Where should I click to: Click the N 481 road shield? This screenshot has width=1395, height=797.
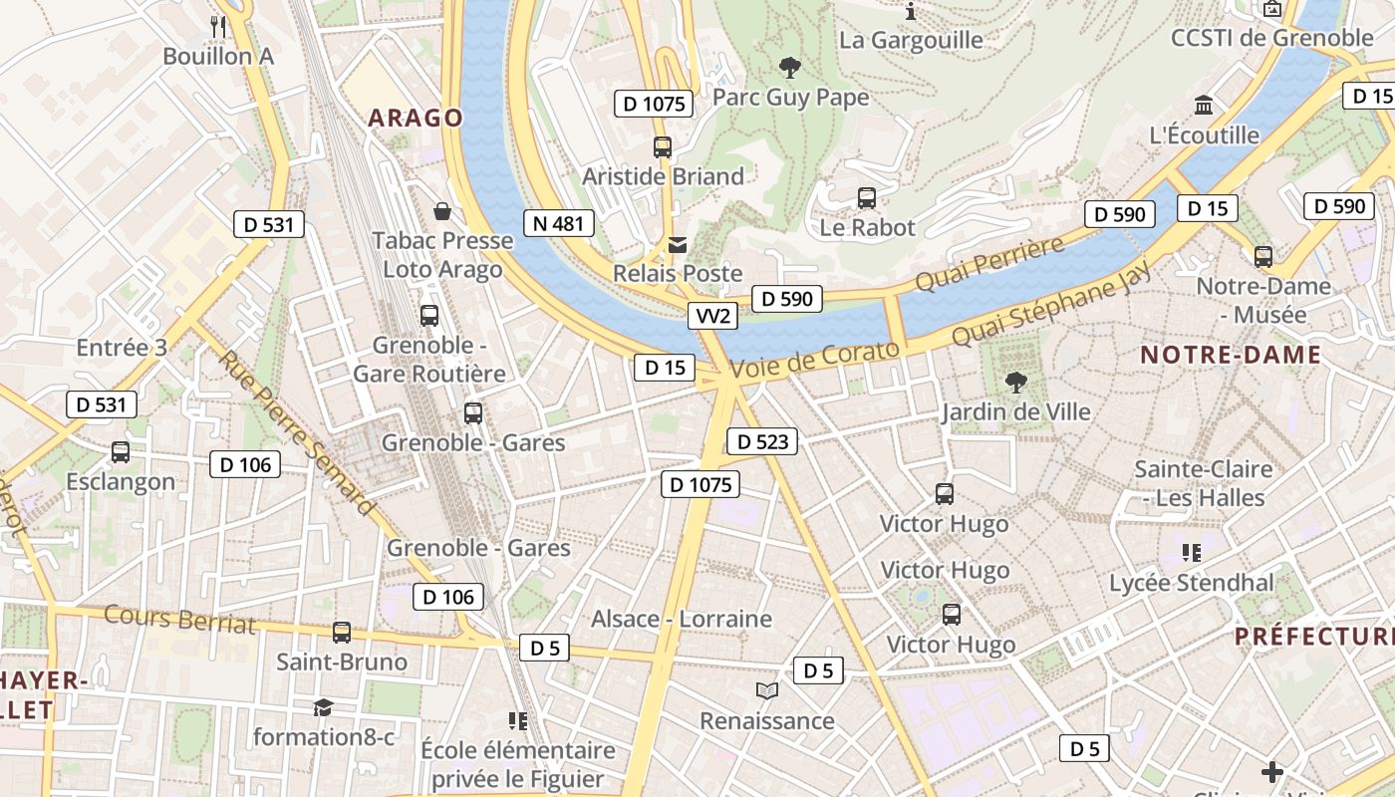559,223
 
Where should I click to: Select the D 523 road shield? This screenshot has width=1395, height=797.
762,441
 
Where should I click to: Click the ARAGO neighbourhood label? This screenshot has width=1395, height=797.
416,118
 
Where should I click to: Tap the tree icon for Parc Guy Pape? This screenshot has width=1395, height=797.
790,68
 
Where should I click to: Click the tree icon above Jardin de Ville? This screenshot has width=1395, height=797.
1015,382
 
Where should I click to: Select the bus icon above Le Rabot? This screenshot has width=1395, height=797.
867,197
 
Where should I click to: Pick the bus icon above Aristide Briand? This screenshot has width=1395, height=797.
663,146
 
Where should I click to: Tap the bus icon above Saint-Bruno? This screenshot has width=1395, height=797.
342,632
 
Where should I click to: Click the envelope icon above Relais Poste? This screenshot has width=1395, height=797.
678,244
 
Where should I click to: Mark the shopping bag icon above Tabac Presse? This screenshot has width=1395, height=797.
442,211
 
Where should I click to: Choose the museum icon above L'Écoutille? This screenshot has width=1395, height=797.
1204,106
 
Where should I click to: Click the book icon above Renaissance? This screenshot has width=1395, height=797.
766,690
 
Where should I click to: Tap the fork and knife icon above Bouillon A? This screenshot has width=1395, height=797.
218,26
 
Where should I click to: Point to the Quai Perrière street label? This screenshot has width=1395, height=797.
988,265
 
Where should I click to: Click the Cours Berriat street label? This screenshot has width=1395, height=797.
179,619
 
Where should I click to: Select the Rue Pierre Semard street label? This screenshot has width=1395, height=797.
297,433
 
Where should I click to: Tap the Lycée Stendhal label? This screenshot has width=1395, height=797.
1192,583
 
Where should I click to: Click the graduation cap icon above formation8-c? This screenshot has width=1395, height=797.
323,707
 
